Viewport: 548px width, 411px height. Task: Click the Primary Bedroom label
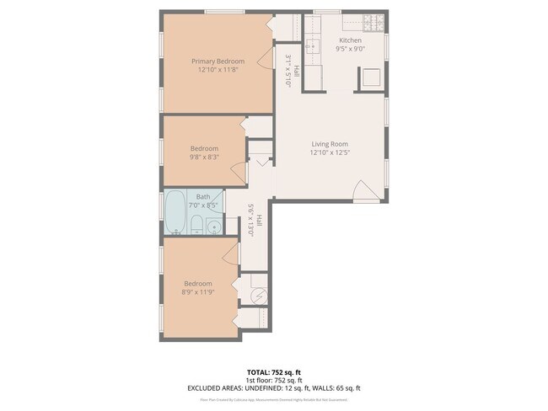point(218,61)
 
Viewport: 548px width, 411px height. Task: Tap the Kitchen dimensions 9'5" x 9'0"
point(350,50)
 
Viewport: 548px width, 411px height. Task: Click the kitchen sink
point(311,45)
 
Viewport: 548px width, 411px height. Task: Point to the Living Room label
point(329,143)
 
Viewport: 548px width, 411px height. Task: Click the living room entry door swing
point(363,191)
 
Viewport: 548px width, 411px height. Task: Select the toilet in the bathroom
point(196,224)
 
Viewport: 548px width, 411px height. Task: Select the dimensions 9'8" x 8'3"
point(203,157)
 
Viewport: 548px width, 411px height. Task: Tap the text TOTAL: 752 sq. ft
point(273,371)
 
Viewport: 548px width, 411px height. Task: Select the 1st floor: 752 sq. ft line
point(273,380)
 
